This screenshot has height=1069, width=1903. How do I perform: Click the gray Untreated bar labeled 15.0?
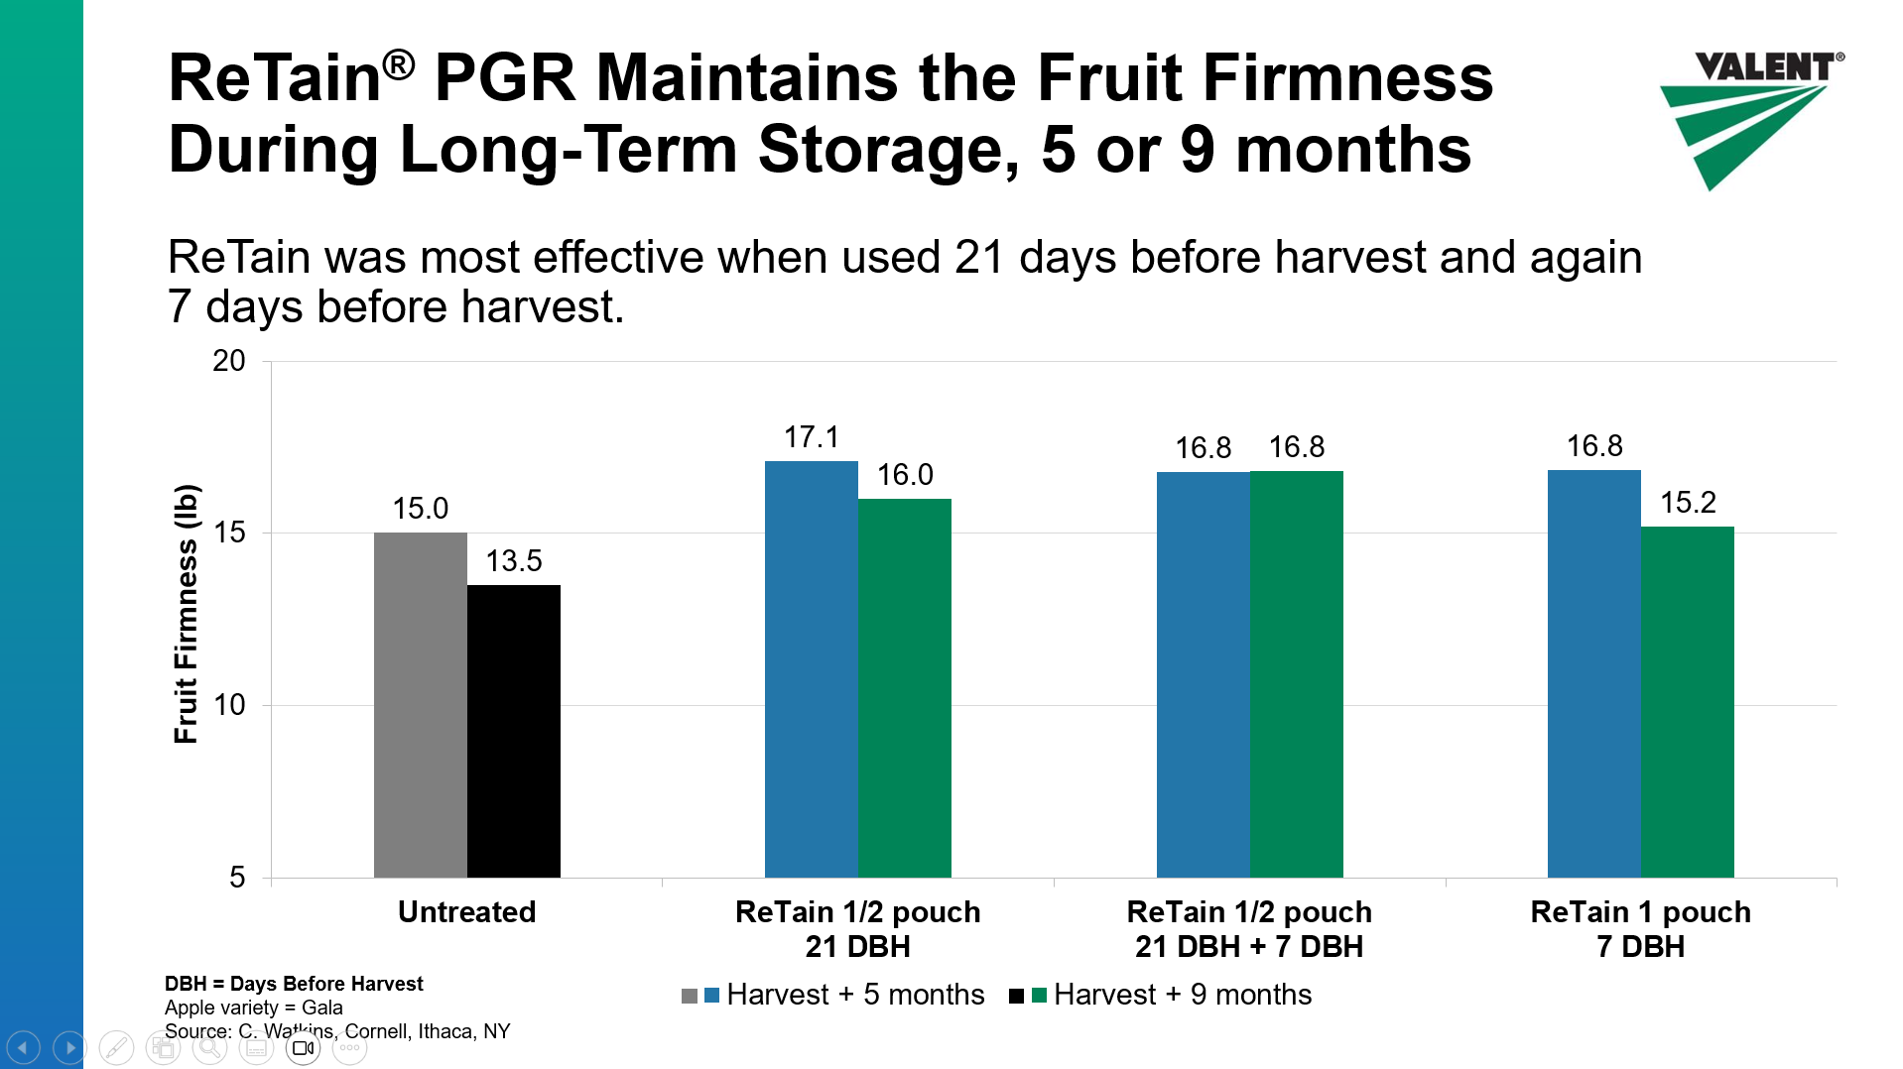[420, 704]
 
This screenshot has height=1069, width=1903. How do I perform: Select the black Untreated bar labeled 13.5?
[513, 731]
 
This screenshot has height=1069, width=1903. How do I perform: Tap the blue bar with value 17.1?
[811, 669]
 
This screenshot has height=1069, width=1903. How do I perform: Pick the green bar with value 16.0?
[904, 687]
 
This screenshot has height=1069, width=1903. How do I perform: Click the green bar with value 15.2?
[1687, 701]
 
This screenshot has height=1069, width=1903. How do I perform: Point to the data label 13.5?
[513, 561]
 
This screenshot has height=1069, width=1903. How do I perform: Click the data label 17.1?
[811, 437]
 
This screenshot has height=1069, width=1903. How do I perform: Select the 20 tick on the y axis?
[229, 361]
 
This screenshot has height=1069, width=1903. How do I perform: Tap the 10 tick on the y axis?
[229, 705]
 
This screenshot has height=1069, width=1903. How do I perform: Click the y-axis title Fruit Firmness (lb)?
[186, 614]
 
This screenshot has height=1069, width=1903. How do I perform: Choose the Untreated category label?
[466, 911]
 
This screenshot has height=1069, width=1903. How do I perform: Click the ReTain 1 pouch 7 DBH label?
[1640, 928]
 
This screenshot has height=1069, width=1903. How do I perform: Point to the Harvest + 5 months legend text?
[855, 995]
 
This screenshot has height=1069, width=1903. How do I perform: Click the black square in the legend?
[1016, 996]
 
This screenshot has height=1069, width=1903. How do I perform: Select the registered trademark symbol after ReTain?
[398, 65]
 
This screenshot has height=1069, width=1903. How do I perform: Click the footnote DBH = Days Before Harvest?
[294, 984]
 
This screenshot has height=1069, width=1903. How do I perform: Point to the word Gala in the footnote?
[322, 1008]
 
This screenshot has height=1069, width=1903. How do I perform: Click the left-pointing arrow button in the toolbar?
[23, 1047]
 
